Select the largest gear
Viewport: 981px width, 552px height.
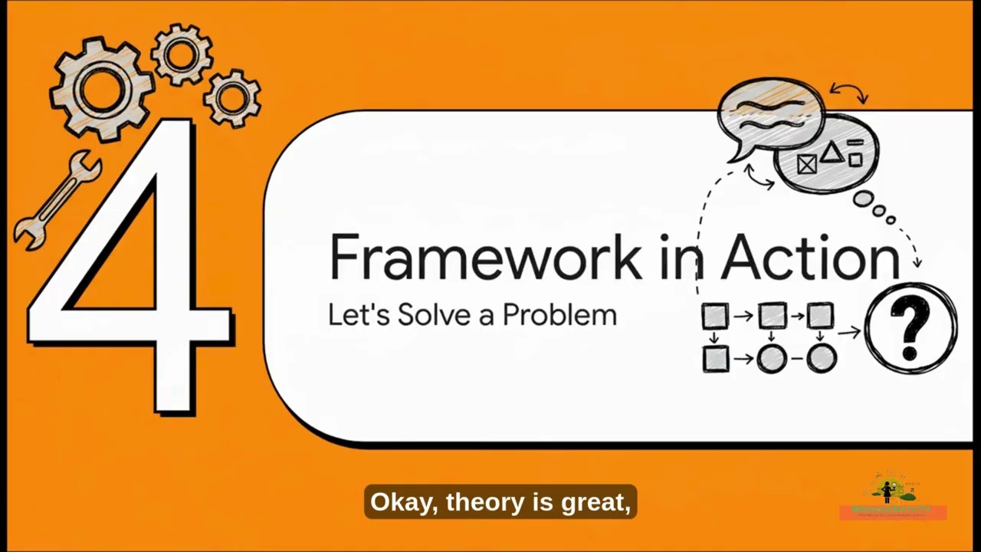pyautogui.click(x=103, y=88)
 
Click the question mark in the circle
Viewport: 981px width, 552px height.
pyautogui.click(x=910, y=328)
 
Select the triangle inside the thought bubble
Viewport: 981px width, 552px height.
pyautogui.click(x=832, y=153)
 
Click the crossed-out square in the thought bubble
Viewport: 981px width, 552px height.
pyautogui.click(x=806, y=164)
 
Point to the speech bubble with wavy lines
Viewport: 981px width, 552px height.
pyautogui.click(x=770, y=115)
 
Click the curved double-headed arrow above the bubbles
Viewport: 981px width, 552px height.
pyautogui.click(x=849, y=93)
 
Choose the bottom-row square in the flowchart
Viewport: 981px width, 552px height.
pyautogui.click(x=716, y=358)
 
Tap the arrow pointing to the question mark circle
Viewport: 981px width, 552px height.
pyautogui.click(x=848, y=332)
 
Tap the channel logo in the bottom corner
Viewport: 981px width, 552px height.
pyautogui.click(x=893, y=497)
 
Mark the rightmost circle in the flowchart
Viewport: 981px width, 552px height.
pyautogui.click(x=822, y=358)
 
